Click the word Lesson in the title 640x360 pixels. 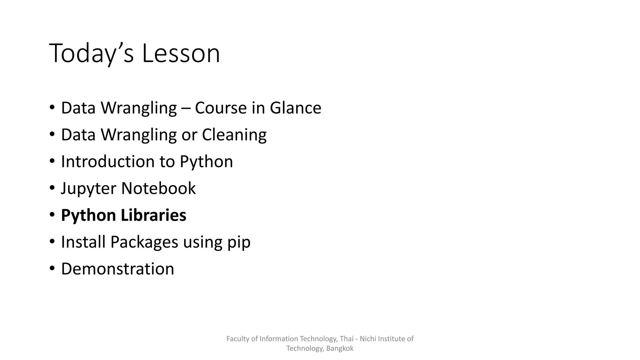(181, 53)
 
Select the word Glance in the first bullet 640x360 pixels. (295, 108)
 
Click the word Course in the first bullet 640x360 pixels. (221, 108)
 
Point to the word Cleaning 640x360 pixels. (234, 135)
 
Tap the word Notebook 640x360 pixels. (158, 188)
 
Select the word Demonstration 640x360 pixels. (117, 269)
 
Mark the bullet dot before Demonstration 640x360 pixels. (52, 269)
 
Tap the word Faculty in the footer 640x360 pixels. (238, 339)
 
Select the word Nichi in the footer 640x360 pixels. (368, 339)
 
